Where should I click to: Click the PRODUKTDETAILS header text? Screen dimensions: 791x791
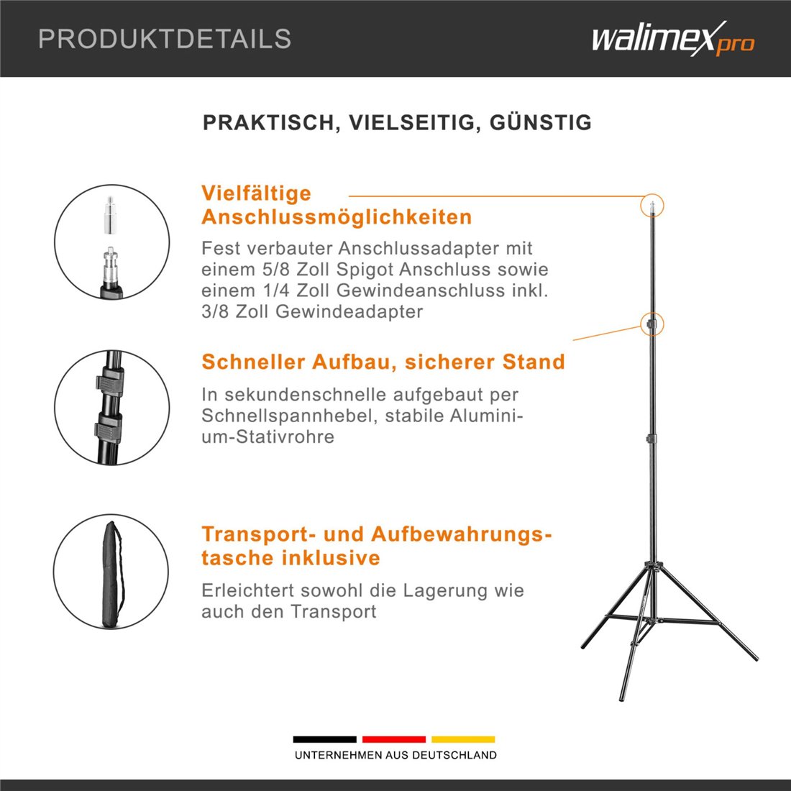(165, 39)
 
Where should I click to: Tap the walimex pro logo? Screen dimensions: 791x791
(673, 38)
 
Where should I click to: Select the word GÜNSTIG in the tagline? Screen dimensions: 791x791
(541, 122)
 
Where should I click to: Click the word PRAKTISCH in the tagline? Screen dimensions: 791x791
(268, 122)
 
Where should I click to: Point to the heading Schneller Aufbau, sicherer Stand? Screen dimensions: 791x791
(383, 362)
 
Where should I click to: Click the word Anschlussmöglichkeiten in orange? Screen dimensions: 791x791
(337, 217)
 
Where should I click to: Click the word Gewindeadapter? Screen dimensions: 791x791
(349, 312)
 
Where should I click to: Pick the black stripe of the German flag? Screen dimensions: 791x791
(325, 739)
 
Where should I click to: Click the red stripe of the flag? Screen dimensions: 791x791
(394, 739)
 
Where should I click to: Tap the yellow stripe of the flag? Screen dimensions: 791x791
(463, 739)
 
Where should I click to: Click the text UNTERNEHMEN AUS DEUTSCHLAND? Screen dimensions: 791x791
(395, 755)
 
